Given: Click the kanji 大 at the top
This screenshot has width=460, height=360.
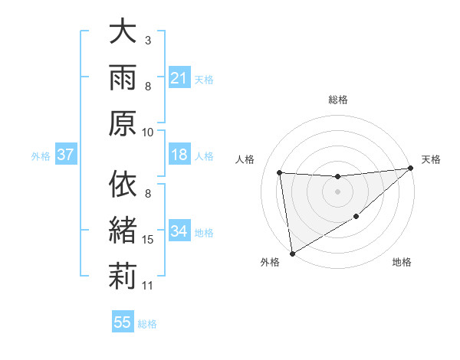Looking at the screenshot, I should click(x=123, y=32).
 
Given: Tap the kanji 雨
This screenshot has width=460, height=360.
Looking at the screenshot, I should click(x=123, y=78).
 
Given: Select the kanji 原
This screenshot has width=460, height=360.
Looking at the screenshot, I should click(x=123, y=123).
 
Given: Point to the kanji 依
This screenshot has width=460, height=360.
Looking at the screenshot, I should click(x=123, y=184).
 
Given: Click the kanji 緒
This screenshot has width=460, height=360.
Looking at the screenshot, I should click(x=123, y=230).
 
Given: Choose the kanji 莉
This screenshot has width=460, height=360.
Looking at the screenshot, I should click(x=123, y=276).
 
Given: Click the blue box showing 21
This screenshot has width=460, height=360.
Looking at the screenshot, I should click(x=179, y=78).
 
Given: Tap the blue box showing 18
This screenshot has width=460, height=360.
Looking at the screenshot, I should click(x=179, y=155).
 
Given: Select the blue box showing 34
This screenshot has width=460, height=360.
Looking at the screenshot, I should click(x=179, y=231).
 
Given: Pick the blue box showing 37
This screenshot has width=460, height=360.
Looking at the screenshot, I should click(x=65, y=155).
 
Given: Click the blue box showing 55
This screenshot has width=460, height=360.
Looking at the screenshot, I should click(x=123, y=322).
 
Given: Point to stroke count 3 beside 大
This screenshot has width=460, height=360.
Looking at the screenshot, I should click(x=147, y=40).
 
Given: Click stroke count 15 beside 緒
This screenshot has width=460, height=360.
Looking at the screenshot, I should click(x=149, y=240).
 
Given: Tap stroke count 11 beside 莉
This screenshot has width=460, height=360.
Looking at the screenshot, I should click(x=148, y=286).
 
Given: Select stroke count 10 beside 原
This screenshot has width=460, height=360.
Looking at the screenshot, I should click(x=148, y=132).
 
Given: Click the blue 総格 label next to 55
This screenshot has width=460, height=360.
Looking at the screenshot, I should click(x=147, y=324).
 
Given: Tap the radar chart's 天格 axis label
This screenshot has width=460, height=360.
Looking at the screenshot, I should click(x=431, y=159).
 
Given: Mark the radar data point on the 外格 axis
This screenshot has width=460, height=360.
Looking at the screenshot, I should click(x=291, y=253).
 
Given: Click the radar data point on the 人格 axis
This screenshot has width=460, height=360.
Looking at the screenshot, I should click(x=280, y=173).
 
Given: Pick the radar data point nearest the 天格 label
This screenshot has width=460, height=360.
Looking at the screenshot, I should click(x=410, y=169).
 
